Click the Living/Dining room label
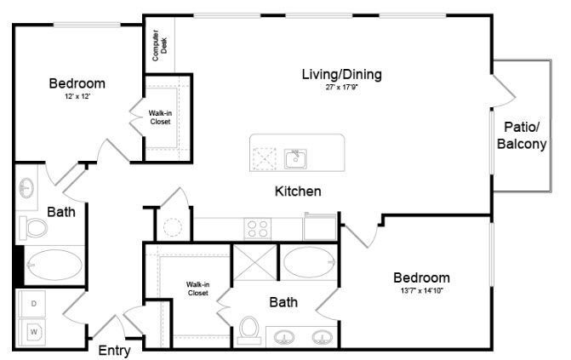click(x=341, y=74)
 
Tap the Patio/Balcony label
click(x=521, y=135)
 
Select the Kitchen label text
click(x=297, y=191)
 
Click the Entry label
click(x=114, y=350)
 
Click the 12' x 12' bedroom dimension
click(x=77, y=97)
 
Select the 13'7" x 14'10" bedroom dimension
click(x=421, y=291)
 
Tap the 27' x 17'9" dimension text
click(x=341, y=88)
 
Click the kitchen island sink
click(x=295, y=157)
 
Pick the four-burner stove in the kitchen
click(x=257, y=228)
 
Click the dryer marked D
click(x=35, y=303)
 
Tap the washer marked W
click(x=35, y=330)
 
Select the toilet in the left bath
click(x=36, y=228)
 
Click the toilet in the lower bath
click(x=249, y=327)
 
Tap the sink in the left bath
click(x=27, y=186)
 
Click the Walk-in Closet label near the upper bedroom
click(x=160, y=117)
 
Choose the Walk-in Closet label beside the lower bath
click(x=198, y=289)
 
